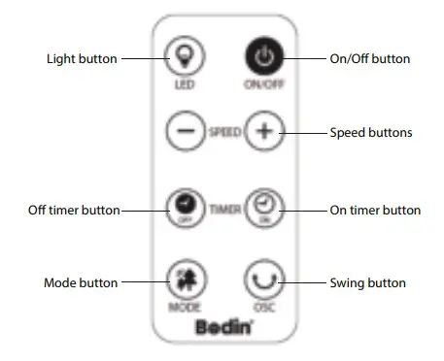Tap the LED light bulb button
[184, 58]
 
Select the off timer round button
[184, 206]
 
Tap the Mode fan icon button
[184, 280]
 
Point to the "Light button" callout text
[82, 59]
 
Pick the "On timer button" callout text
[375, 210]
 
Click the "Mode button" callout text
[81, 283]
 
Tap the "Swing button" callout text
[368, 283]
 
